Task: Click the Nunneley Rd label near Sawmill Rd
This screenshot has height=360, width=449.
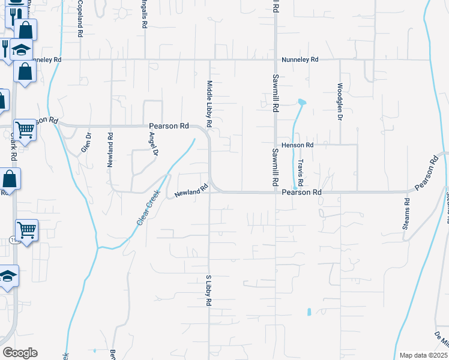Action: pyautogui.click(x=300, y=60)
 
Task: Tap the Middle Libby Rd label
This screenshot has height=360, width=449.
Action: pyautogui.click(x=209, y=103)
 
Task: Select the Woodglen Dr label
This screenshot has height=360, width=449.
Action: pyautogui.click(x=340, y=101)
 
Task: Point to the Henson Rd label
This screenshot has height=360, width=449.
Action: pyautogui.click(x=301, y=145)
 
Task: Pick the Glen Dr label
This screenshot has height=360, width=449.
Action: pyautogui.click(x=87, y=144)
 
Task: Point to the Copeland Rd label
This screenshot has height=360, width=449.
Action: pyautogui.click(x=80, y=22)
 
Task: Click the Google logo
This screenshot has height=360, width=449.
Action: pyautogui.click(x=19, y=353)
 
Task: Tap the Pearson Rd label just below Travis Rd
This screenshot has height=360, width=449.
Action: pyautogui.click(x=302, y=192)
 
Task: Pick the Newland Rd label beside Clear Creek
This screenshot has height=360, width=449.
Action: pyautogui.click(x=191, y=191)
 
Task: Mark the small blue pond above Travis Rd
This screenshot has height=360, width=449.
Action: pyautogui.click(x=302, y=102)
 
